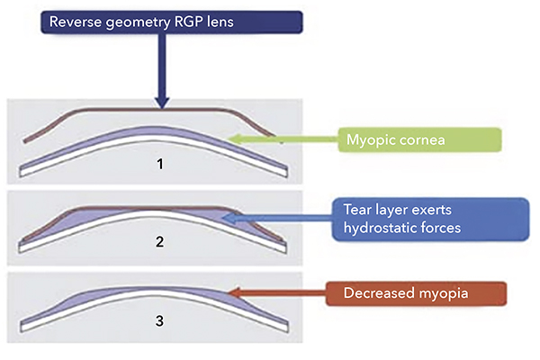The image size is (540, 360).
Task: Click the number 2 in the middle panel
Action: click(160, 241)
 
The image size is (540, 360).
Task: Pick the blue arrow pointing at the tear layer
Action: click(279, 216)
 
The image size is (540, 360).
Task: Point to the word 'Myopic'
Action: click(370, 139)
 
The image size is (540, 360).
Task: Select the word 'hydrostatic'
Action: click(373, 228)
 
